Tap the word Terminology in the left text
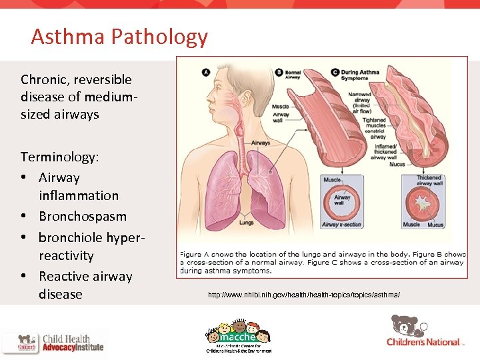[x=59, y=157]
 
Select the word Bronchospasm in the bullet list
[x=83, y=217]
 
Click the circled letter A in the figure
[x=206, y=71]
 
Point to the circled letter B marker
[x=279, y=72]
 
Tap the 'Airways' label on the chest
[x=261, y=142]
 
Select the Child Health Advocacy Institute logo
[x=53, y=342]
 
